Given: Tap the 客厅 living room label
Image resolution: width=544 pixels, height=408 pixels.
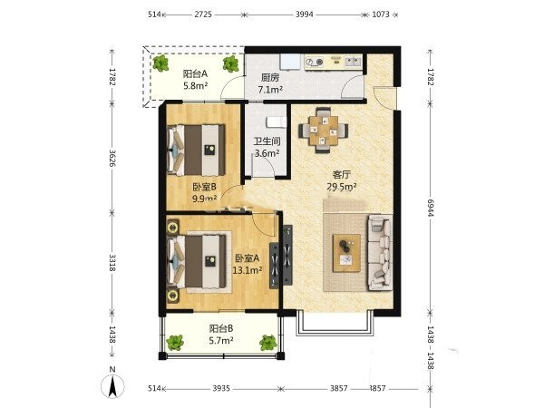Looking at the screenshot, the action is pos(342,174).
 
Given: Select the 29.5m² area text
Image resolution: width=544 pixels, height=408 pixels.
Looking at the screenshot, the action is pos(342,187).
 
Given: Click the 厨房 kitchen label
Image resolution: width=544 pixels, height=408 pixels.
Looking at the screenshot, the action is pos(270,78).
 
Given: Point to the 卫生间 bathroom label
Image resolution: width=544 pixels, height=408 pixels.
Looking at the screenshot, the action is pos(267,141).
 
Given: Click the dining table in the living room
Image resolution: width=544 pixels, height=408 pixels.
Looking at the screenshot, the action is pos(324,131).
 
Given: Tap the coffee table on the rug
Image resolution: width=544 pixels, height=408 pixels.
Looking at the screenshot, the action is pos(346,253).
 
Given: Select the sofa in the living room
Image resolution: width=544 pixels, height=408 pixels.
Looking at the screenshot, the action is pos(380,252).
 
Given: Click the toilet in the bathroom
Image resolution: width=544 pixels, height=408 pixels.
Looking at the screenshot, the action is pos(277,122).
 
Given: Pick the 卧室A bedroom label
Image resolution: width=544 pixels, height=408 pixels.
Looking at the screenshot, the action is pos(247,258).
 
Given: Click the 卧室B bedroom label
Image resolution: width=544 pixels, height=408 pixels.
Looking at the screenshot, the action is pos(204,187).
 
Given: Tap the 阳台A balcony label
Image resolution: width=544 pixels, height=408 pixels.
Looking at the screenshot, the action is pos(195,73).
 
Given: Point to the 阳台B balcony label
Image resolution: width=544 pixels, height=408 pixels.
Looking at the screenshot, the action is pos(221,328).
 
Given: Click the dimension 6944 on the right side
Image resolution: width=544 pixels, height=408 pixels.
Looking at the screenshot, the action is pos(431,208).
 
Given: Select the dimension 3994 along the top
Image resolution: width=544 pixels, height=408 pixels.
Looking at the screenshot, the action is pos(305,15).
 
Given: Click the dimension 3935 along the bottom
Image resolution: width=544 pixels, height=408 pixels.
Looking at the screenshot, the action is pos(221,388).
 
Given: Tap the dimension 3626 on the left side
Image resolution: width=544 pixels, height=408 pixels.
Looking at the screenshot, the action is pos(112,158).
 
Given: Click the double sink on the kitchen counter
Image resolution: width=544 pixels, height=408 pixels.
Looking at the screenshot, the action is pos(353,62).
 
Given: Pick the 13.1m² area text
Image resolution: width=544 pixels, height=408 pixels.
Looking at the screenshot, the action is pos(247,270).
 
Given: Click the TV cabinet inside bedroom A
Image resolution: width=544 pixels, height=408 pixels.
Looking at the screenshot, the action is pos(274,266).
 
